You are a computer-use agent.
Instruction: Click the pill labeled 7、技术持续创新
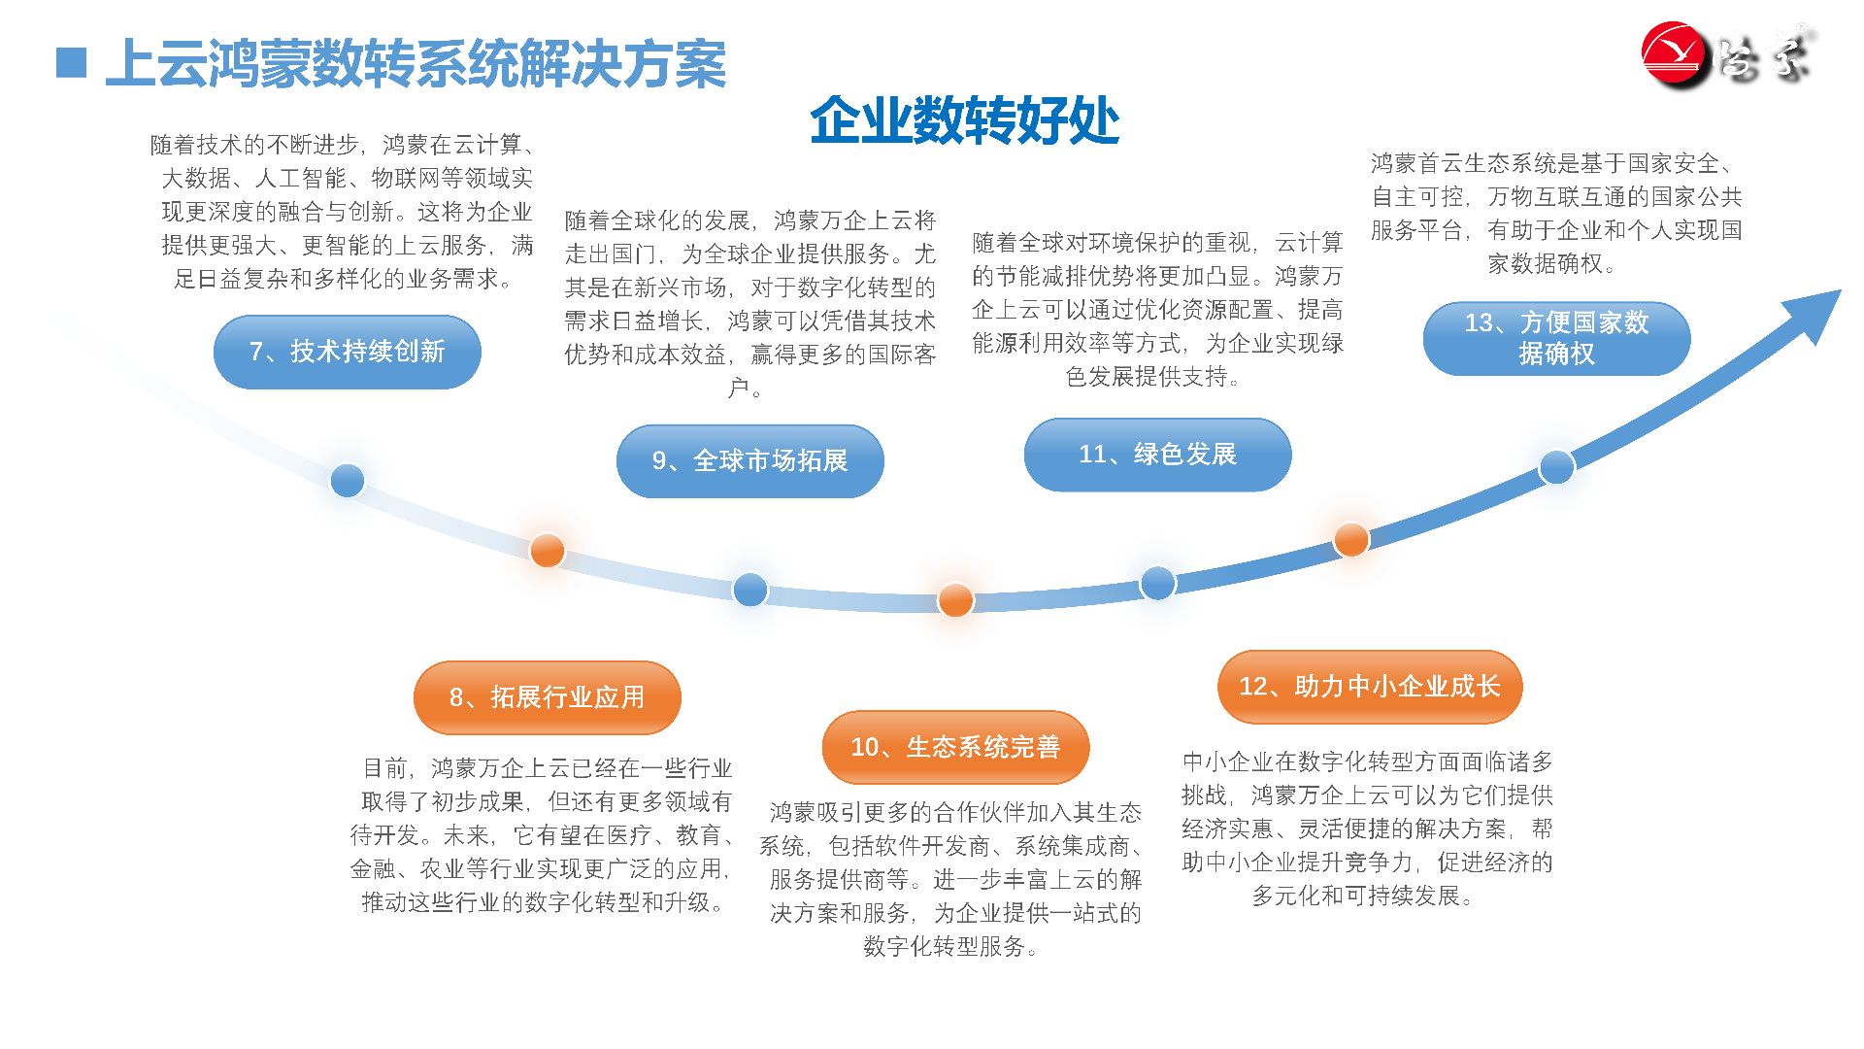[347, 352]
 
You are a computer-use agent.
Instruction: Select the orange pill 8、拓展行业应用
[547, 697]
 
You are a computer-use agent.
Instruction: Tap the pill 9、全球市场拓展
[749, 460]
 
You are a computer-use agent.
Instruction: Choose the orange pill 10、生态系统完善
[955, 747]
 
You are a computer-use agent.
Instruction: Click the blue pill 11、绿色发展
[1157, 455]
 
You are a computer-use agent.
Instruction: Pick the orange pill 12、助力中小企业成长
[1369, 687]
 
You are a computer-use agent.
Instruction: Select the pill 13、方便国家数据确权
[1556, 338]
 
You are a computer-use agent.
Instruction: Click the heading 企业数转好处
[964, 120]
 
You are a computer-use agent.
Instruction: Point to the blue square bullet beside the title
[72, 63]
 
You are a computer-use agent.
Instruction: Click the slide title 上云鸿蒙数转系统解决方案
[416, 64]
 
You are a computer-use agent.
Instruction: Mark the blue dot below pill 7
[347, 480]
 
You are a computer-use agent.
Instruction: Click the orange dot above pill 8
[548, 550]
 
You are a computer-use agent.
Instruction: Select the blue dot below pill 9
[749, 589]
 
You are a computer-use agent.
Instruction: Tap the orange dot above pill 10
[955, 600]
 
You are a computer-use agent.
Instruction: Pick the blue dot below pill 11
[1157, 583]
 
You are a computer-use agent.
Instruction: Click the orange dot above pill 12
[1351, 539]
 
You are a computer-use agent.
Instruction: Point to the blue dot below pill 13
[1556, 467]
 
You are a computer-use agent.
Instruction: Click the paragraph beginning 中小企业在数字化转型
[1367, 829]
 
